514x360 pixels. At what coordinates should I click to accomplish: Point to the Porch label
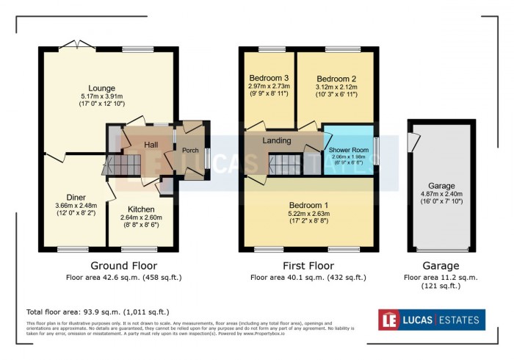coord(190,151)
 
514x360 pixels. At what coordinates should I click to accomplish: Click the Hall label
coord(151,145)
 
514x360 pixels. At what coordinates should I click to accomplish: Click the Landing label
coord(277,140)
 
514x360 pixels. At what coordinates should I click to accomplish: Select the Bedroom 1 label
coord(308,205)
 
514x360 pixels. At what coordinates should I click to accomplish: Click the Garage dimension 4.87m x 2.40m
coord(443,194)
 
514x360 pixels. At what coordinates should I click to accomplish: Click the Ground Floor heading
coord(123,265)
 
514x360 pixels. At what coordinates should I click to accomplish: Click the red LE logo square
coord(389,320)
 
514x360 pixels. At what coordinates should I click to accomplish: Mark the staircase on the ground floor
coord(128,164)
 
